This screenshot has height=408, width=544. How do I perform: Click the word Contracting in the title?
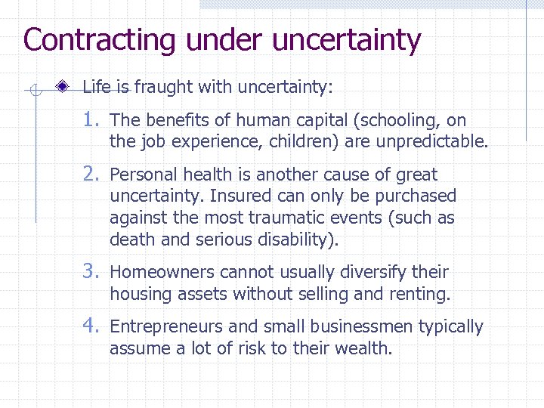[x=99, y=40]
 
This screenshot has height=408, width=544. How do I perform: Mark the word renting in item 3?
[x=422, y=293]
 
